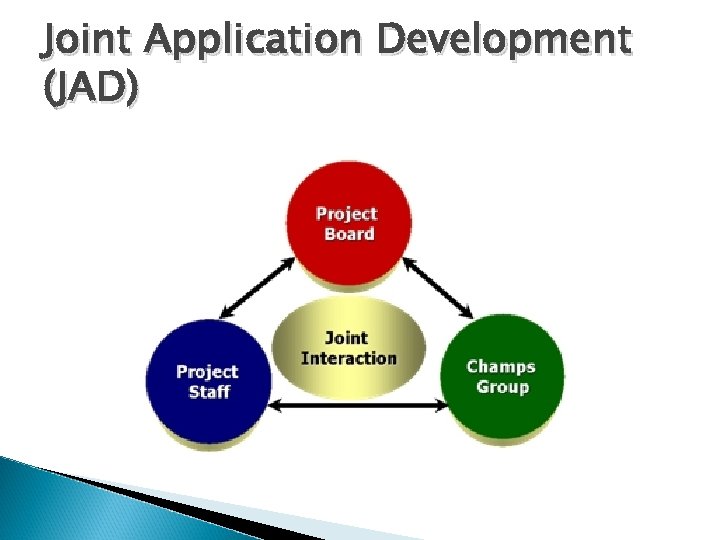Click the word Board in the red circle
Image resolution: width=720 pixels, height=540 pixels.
[349, 235]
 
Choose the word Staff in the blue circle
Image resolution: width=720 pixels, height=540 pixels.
[209, 392]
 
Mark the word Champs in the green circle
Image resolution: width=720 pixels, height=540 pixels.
[501, 366]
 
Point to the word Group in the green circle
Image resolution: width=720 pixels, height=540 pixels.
[502, 387]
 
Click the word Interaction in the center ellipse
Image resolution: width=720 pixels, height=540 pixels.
[348, 358]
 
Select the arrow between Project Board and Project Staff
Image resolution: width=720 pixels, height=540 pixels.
[258, 287]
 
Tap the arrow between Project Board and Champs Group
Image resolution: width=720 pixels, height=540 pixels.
[438, 287]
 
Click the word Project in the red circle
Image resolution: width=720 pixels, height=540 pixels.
[347, 213]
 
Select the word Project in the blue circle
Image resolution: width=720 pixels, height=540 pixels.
[208, 372]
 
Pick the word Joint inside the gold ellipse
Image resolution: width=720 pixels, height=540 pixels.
[347, 338]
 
